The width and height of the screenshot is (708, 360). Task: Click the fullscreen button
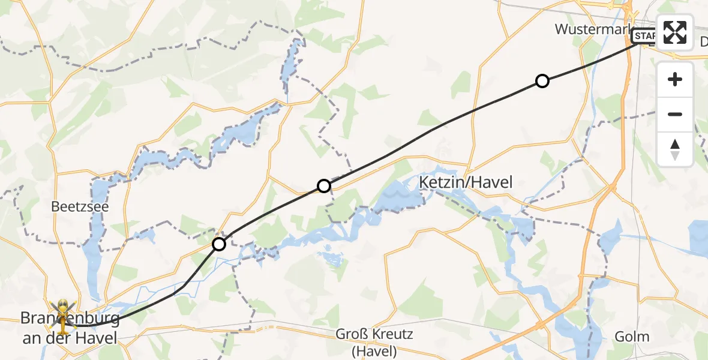point(675,32)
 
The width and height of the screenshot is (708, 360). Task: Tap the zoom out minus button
point(675,114)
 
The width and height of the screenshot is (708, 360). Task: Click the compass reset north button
point(675,149)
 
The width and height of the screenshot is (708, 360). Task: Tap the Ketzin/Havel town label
point(466,182)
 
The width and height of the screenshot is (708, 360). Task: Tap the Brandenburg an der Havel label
point(71,328)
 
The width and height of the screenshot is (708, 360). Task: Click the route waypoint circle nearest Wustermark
point(542,81)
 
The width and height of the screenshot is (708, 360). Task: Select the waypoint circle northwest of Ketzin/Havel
point(324,186)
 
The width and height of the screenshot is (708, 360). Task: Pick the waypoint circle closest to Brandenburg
point(219,244)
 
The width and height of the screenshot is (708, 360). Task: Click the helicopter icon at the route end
point(63,314)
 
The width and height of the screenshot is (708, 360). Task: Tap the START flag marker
point(645,37)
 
